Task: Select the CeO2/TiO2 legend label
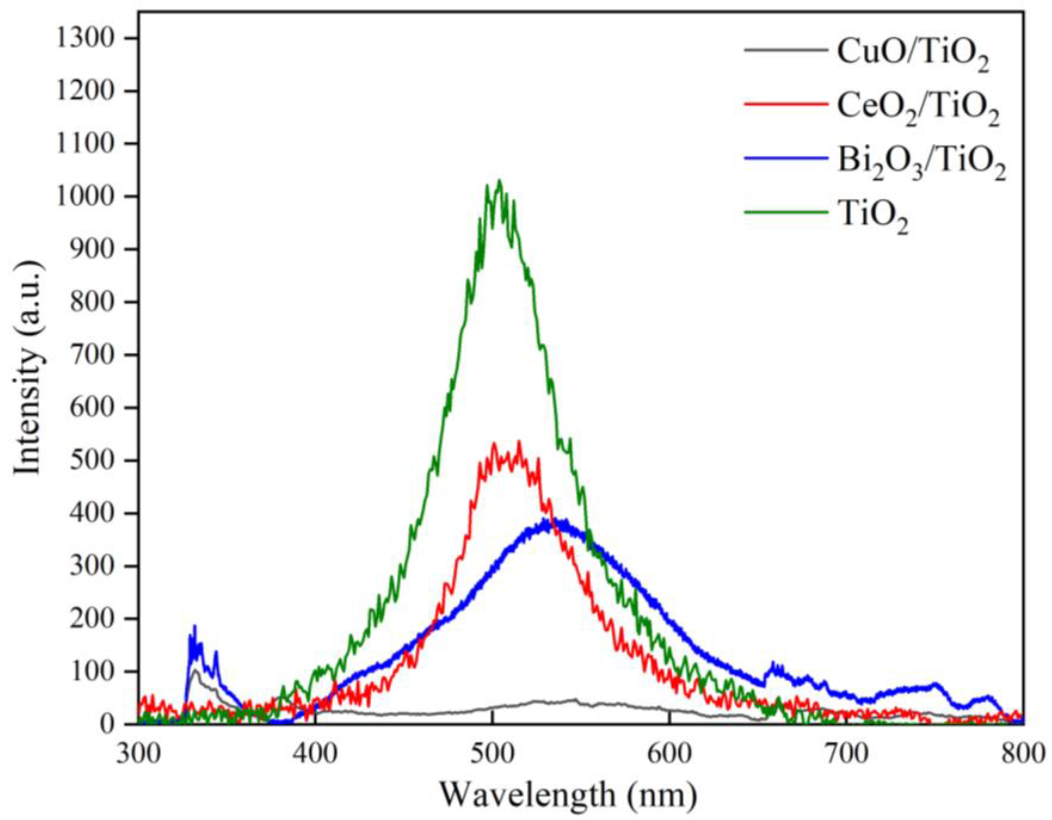[918, 110]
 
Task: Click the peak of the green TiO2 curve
[499, 181]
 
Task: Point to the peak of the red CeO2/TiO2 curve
[518, 442]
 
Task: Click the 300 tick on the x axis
[139, 754]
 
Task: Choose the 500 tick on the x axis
[493, 754]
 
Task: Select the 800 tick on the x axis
[1022, 754]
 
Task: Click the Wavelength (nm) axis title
[569, 795]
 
